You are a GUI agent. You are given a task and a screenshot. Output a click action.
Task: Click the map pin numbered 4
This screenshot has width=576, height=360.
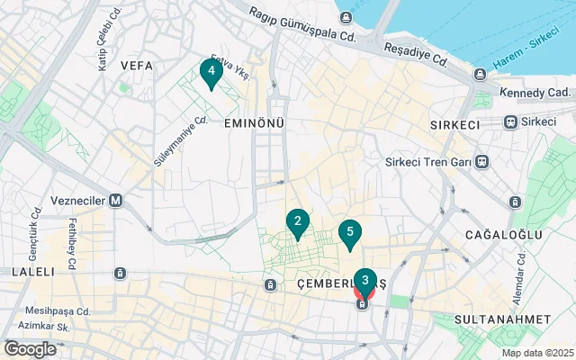(x=211, y=72)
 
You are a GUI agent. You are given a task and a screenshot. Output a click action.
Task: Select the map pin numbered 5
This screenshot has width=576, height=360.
(x=349, y=233)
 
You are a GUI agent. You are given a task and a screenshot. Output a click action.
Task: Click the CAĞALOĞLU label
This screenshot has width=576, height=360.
(x=503, y=235)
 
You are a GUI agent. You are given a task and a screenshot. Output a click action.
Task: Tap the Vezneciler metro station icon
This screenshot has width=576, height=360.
(x=116, y=201)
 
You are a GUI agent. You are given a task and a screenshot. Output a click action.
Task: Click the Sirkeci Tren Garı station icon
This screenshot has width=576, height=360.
(x=482, y=162)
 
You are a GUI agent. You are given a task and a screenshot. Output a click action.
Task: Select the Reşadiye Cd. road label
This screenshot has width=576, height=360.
(x=415, y=54)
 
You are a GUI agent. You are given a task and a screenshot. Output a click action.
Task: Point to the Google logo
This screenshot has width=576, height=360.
(x=30, y=349)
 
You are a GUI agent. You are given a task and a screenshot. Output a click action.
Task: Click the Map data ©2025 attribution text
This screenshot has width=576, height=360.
(x=537, y=353)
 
